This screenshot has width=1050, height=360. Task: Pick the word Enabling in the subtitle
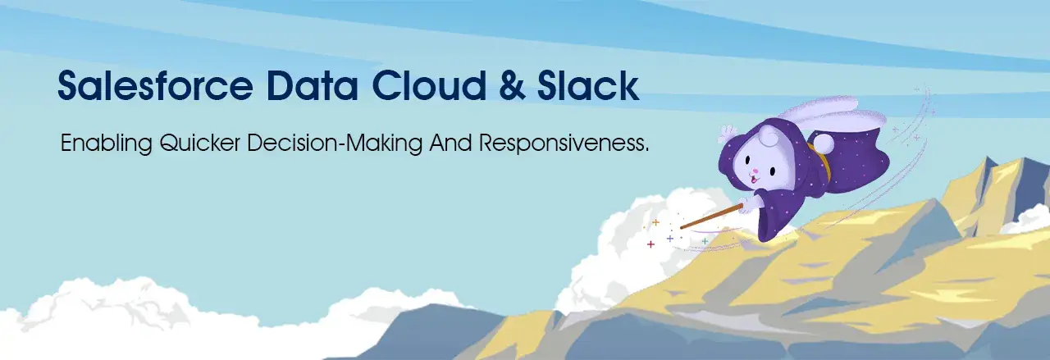(104, 144)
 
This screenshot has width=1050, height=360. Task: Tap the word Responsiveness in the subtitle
(564, 144)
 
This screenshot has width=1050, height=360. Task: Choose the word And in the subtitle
(449, 144)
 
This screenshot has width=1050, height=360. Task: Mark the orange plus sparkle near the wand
(655, 222)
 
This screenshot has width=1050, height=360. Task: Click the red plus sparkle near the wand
(651, 244)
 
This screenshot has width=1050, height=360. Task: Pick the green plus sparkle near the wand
(705, 241)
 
